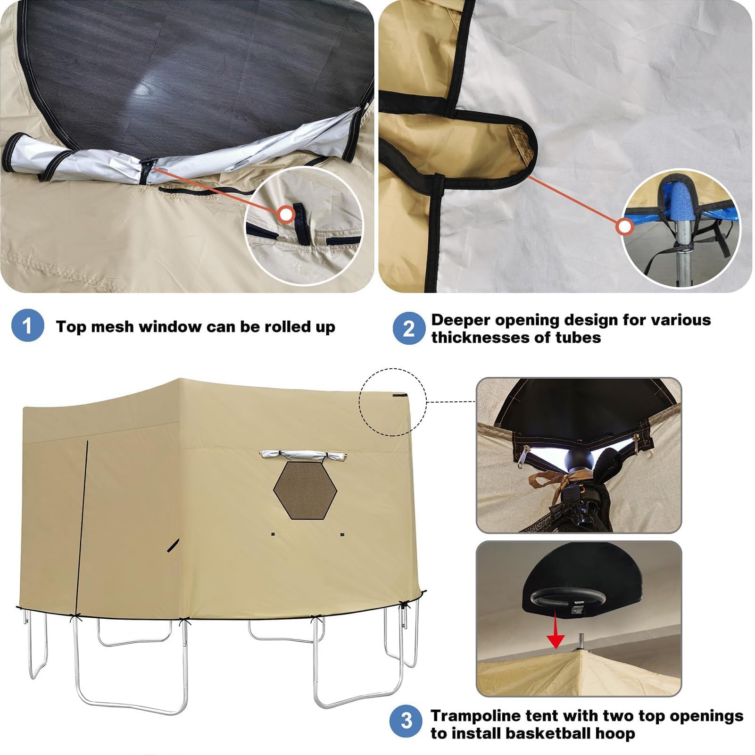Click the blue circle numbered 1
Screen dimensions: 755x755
[x=27, y=325]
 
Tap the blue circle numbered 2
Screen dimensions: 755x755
[x=409, y=328]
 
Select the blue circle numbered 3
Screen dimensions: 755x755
[x=406, y=721]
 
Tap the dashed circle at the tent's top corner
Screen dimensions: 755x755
[x=393, y=402]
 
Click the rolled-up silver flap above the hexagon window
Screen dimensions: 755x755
[x=302, y=456]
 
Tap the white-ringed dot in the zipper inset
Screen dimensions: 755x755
[x=285, y=215]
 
